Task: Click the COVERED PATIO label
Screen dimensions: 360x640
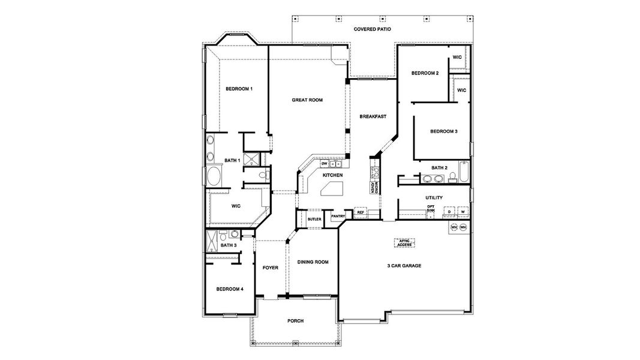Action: (x=372, y=28)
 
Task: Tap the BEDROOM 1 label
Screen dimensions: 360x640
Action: (x=239, y=89)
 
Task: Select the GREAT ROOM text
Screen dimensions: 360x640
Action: (x=307, y=100)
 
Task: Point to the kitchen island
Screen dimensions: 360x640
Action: (x=332, y=190)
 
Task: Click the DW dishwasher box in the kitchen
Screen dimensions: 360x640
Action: (x=324, y=163)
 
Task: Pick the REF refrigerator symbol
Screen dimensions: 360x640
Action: (x=360, y=212)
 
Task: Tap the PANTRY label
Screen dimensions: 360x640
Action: (x=338, y=216)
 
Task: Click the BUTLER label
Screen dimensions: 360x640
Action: (x=315, y=219)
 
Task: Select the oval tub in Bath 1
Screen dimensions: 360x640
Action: (x=214, y=177)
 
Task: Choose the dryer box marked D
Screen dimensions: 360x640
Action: (x=449, y=212)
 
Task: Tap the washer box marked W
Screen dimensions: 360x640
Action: (x=462, y=212)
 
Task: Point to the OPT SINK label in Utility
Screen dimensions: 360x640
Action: (x=430, y=209)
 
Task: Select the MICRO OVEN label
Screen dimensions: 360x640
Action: (x=372, y=187)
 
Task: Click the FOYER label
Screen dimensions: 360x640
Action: (x=271, y=268)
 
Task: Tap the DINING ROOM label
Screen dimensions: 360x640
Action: (x=313, y=262)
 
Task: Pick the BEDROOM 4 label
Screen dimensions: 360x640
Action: (x=230, y=289)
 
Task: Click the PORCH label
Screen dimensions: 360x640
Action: (x=295, y=321)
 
